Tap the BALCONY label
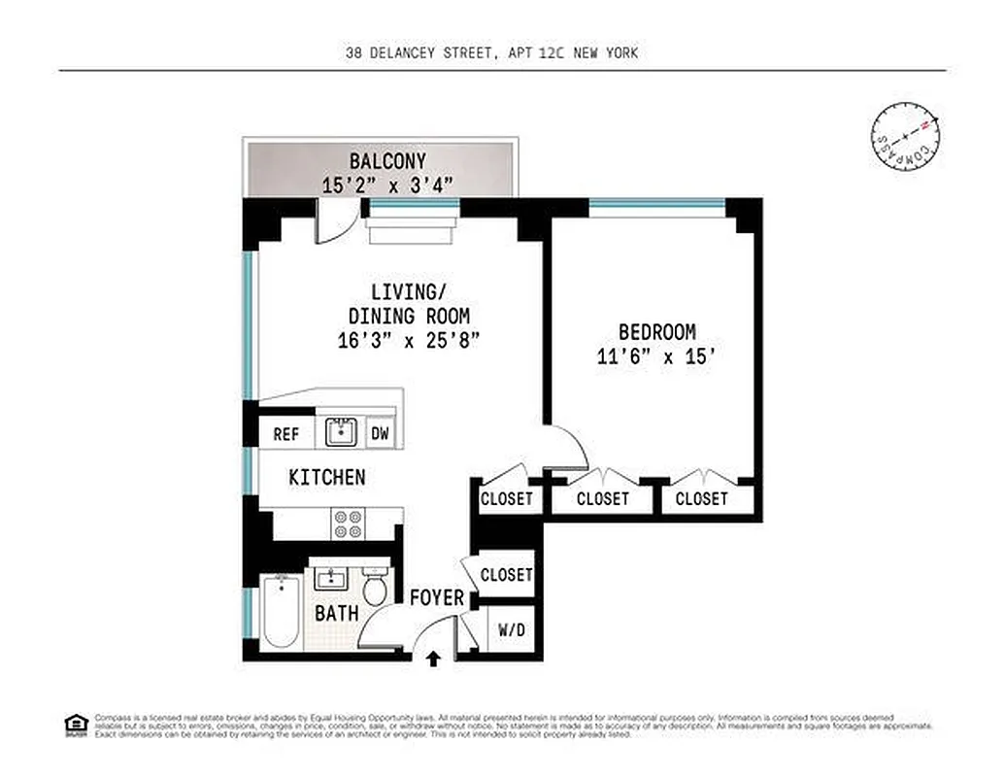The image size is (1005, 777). (387, 161)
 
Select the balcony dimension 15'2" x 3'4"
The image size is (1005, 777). (387, 185)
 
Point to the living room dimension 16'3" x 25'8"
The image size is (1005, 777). (409, 340)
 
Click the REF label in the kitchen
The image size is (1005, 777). (285, 434)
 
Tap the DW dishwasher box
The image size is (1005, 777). (380, 434)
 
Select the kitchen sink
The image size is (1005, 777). (342, 431)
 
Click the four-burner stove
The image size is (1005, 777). (348, 524)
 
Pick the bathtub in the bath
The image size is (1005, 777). (280, 612)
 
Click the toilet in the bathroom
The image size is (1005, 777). (374, 589)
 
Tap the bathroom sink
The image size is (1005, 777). (333, 580)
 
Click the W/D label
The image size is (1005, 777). (511, 630)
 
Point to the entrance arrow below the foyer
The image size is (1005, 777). (433, 659)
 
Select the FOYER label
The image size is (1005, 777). (436, 598)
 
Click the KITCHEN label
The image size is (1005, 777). (327, 477)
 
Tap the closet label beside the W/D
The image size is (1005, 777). (506, 575)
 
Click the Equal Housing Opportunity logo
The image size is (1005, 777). (75, 724)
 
